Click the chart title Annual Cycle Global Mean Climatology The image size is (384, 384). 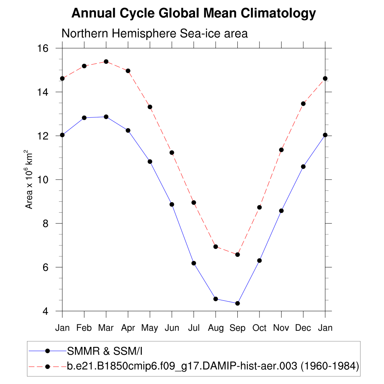click(193, 14)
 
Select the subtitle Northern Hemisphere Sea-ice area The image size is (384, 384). click(154, 33)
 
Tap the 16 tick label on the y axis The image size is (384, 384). click(44, 48)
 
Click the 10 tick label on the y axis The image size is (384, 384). click(44, 180)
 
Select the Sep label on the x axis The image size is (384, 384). click(237, 328)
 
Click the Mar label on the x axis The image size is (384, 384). click(106, 328)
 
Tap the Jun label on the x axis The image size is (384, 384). click(172, 328)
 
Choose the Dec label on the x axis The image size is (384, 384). click(303, 328)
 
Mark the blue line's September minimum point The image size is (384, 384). click(237, 303)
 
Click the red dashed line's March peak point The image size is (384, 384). click(106, 61)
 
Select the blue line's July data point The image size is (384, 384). click(194, 263)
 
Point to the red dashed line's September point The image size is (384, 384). click(237, 255)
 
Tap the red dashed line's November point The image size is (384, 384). click(281, 150)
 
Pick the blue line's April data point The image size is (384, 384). click(128, 130)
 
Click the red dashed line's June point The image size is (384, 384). click(172, 153)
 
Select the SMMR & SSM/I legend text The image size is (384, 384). click(105, 351)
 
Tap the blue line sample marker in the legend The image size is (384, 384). click(48, 351)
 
